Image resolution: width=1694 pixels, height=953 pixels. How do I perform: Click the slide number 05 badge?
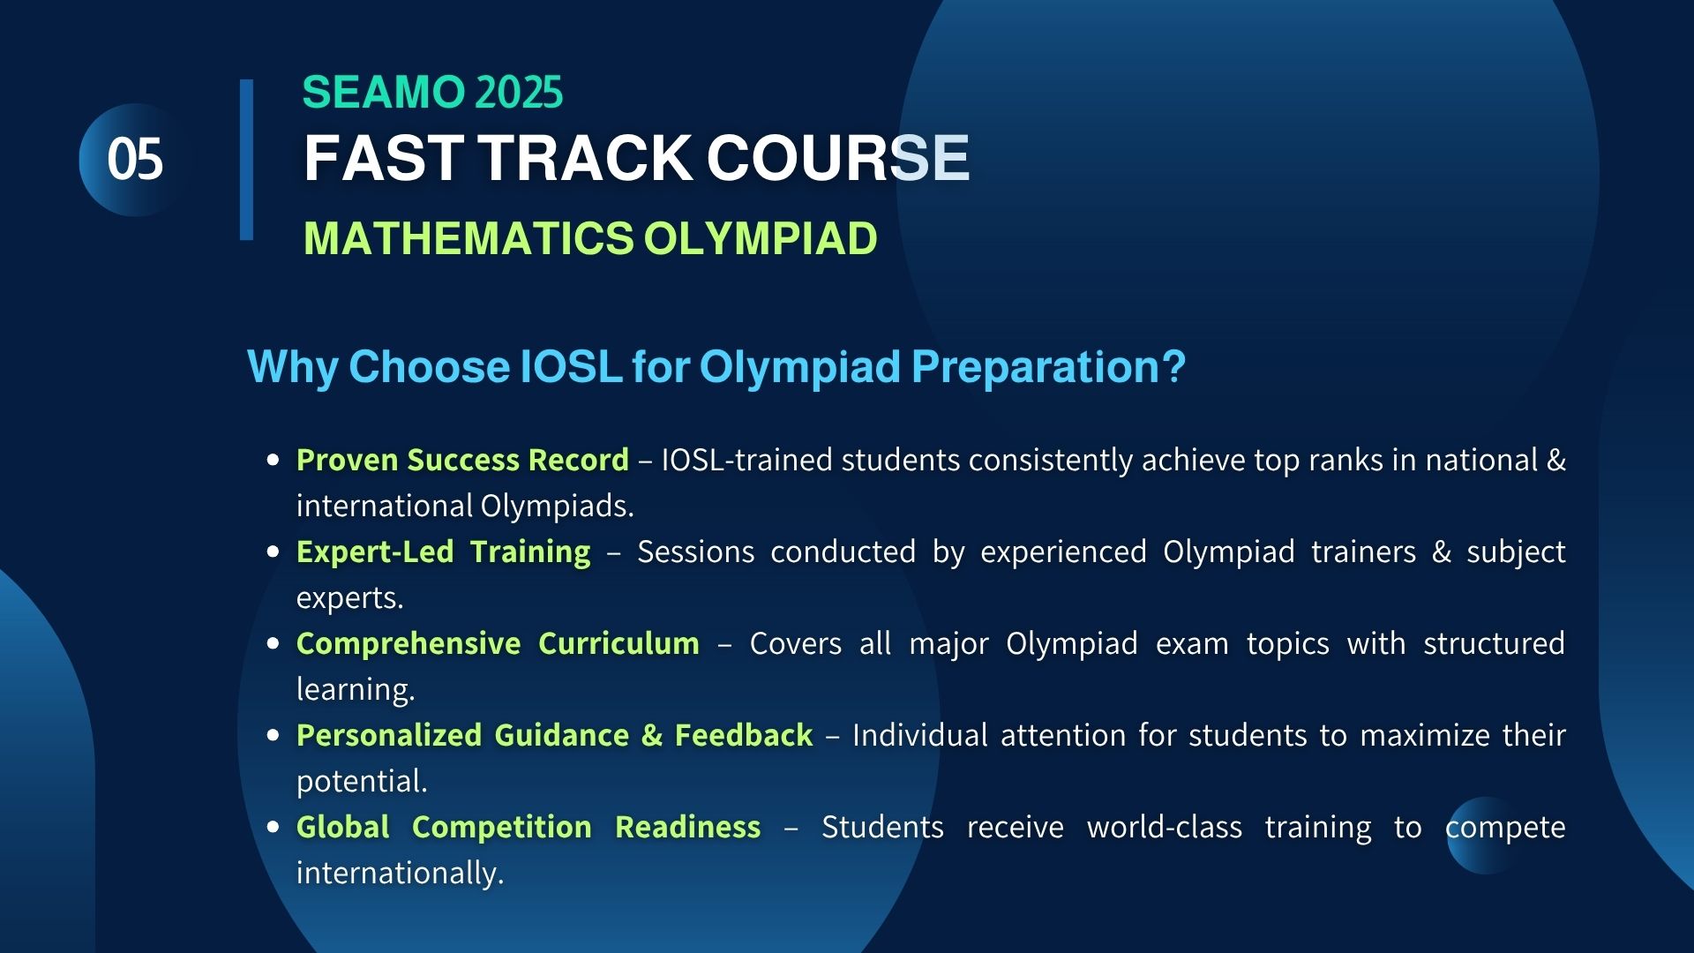click(x=135, y=160)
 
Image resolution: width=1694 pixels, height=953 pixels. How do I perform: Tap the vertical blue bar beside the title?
click(x=246, y=160)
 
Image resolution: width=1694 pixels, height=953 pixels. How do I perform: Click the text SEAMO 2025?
click(x=432, y=93)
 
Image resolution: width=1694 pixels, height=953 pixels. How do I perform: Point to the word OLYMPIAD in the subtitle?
click(x=761, y=238)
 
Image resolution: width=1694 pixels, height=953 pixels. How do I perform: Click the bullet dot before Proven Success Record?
click(x=273, y=460)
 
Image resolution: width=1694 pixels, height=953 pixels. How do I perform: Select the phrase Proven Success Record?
click(x=462, y=460)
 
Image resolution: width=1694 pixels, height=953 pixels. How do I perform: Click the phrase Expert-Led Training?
click(x=444, y=552)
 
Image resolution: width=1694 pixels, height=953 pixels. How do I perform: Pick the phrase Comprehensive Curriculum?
click(x=498, y=644)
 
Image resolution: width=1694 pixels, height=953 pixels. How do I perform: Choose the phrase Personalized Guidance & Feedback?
click(x=554, y=735)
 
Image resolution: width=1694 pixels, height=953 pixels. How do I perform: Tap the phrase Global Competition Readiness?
click(x=528, y=828)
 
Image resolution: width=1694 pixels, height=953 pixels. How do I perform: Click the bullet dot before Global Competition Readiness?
click(x=273, y=827)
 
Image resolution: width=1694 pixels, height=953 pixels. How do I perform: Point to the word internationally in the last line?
click(x=400, y=873)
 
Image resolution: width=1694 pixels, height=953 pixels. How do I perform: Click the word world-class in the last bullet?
click(x=1165, y=827)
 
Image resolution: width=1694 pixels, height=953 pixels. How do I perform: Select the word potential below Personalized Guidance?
click(x=362, y=782)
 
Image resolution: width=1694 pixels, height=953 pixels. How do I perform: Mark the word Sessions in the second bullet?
click(x=696, y=552)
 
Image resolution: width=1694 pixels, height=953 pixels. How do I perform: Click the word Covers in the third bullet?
click(x=796, y=643)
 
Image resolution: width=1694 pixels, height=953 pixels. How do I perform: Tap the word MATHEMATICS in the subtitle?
click(x=468, y=238)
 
